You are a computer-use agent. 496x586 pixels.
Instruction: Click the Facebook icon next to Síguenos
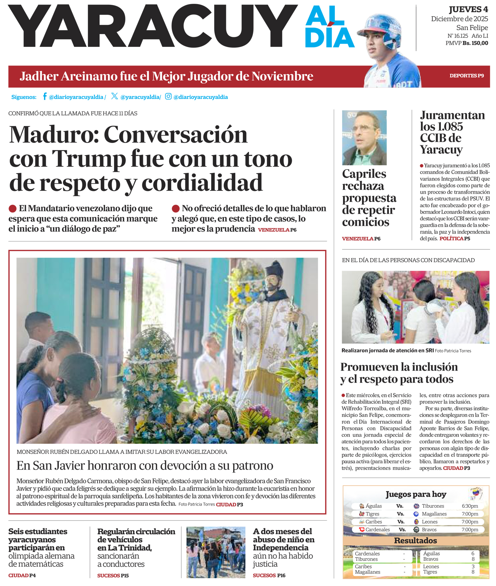(x=45, y=96)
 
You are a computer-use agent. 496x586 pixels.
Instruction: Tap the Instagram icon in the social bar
(x=168, y=96)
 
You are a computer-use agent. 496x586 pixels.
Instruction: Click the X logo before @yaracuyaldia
(x=114, y=96)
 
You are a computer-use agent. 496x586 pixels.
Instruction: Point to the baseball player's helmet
(x=384, y=29)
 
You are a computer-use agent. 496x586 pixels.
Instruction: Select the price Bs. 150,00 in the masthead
(x=475, y=43)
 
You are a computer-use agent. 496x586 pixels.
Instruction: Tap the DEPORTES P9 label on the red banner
(x=466, y=76)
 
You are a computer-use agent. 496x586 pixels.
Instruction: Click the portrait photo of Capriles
(x=364, y=137)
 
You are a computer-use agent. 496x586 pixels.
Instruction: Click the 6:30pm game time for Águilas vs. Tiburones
(x=470, y=506)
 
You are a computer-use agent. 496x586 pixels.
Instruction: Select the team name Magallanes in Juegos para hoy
(x=434, y=514)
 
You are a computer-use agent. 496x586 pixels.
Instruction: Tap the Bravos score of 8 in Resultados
(x=473, y=559)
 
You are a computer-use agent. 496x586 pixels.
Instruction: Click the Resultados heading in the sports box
(x=415, y=541)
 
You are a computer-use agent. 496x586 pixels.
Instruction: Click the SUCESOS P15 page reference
(x=113, y=575)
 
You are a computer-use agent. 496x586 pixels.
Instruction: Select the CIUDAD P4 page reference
(x=22, y=575)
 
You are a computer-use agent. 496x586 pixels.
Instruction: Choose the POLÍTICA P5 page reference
(x=455, y=238)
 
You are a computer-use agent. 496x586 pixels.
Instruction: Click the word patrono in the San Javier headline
(x=252, y=465)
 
